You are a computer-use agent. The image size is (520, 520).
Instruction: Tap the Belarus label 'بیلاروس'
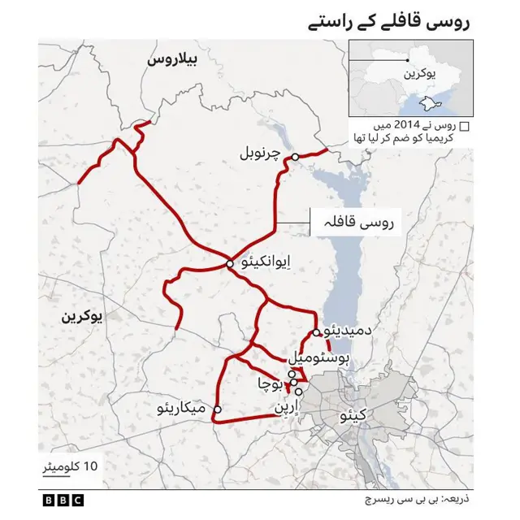tap(174, 60)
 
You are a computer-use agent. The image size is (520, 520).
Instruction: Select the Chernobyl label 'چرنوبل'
tap(265, 153)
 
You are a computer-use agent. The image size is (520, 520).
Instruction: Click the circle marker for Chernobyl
tap(297, 156)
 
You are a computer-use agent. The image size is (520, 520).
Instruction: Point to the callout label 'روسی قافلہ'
tap(364, 220)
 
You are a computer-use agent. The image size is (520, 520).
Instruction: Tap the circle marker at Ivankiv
tap(229, 262)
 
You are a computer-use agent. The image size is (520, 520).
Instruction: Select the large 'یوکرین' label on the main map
tap(82, 318)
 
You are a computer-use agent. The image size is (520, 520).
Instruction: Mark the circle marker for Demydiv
tap(315, 332)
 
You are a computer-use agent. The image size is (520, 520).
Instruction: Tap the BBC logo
tap(59, 500)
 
